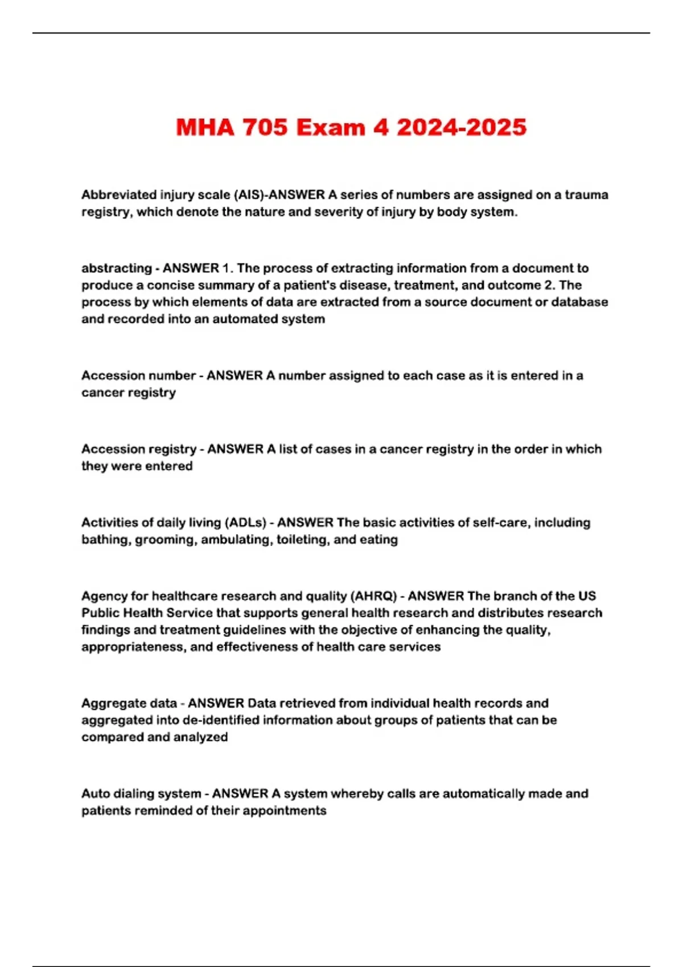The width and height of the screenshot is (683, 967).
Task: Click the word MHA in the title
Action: (x=205, y=127)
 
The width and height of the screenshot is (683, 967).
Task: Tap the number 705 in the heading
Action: (x=265, y=127)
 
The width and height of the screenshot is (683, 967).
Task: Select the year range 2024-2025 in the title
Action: (x=461, y=127)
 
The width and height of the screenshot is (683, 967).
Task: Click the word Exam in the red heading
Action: (x=331, y=127)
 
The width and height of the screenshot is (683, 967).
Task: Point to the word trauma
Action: (x=586, y=195)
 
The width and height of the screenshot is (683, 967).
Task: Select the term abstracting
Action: (x=116, y=268)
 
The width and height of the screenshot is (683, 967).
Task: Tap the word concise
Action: (x=170, y=285)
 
